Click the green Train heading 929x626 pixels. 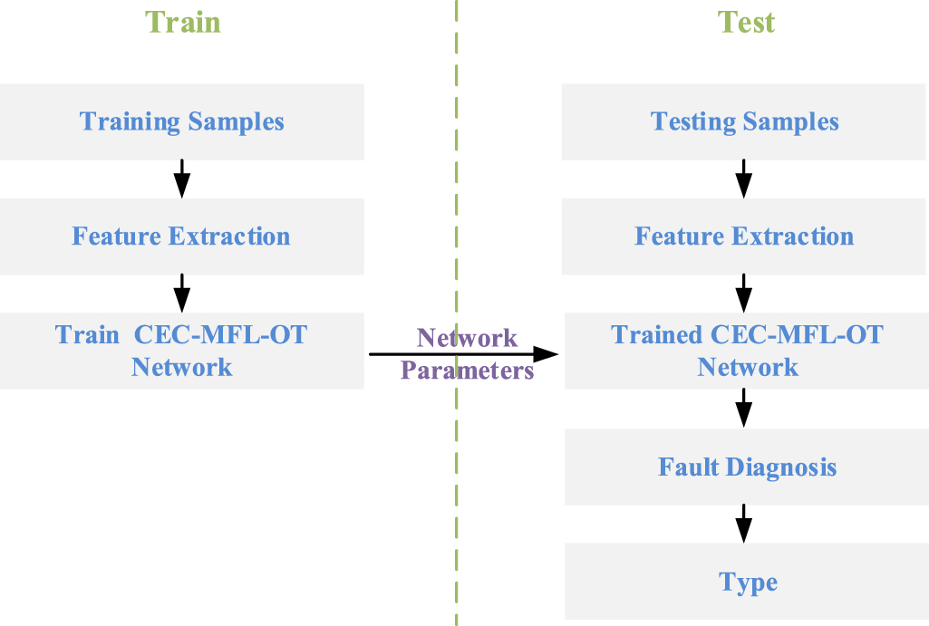point(182,21)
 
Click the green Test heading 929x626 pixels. point(746,21)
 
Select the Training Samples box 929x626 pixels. point(182,121)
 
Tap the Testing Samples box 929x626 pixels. point(744,121)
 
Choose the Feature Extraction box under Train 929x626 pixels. point(182,236)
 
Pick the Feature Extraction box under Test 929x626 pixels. point(744,236)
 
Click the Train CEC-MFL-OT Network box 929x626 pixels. point(182,351)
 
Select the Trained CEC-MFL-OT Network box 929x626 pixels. point(747,351)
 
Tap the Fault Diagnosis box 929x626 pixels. point(747,467)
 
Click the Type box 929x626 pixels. point(748,582)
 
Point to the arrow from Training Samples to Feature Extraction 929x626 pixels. point(182,178)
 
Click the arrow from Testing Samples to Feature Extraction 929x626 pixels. point(744,178)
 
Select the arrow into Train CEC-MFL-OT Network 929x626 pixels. point(182,293)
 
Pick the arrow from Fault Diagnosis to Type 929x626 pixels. point(744,524)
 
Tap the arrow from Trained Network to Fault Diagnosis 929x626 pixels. point(744,408)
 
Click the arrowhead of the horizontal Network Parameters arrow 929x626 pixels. point(546,354)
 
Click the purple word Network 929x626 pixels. point(467,338)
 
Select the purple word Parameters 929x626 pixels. point(467,371)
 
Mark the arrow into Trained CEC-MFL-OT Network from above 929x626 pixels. point(744,293)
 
